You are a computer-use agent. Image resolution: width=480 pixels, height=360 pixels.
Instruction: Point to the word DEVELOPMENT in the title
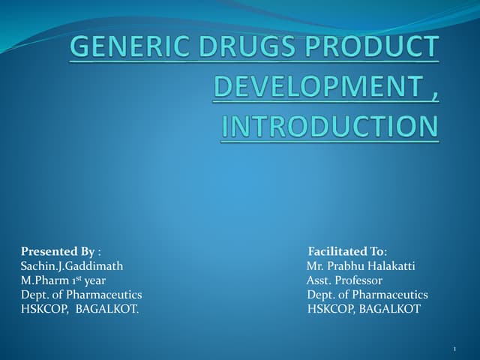pyautogui.click(x=309, y=87)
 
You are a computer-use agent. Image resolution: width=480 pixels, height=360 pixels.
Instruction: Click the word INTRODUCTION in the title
pyautogui.click(x=329, y=126)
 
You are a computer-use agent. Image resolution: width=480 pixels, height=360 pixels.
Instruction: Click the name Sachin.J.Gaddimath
pyautogui.click(x=72, y=265)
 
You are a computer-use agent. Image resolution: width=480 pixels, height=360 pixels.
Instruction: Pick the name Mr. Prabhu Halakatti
pyautogui.click(x=361, y=265)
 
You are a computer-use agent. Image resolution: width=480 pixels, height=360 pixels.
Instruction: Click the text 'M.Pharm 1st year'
pyautogui.click(x=63, y=280)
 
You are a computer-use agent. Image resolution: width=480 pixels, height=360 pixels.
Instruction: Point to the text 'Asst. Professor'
pyautogui.click(x=344, y=280)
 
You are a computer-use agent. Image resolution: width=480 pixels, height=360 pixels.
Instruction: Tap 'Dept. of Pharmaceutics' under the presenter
pyautogui.click(x=81, y=295)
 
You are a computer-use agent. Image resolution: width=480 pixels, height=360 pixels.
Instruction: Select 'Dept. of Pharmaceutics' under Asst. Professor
pyautogui.click(x=367, y=295)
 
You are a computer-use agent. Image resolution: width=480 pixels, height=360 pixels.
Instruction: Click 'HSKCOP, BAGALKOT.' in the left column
pyautogui.click(x=79, y=309)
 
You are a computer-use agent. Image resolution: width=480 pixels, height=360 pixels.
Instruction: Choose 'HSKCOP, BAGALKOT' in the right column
pyautogui.click(x=364, y=309)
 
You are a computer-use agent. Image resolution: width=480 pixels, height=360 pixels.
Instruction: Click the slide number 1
pyautogui.click(x=455, y=349)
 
